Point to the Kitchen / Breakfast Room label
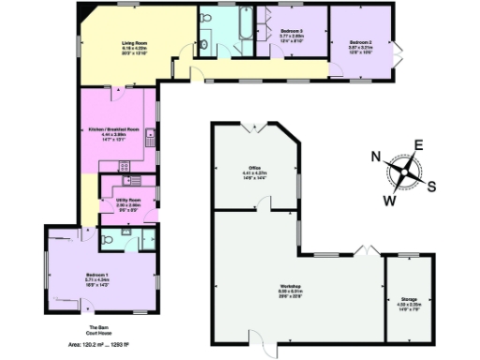[120, 129]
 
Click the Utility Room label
[127, 200]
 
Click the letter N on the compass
[376, 157]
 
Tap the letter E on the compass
[419, 144]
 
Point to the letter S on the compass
[431, 185]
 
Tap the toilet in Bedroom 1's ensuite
[111, 240]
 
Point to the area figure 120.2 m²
[84, 345]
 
